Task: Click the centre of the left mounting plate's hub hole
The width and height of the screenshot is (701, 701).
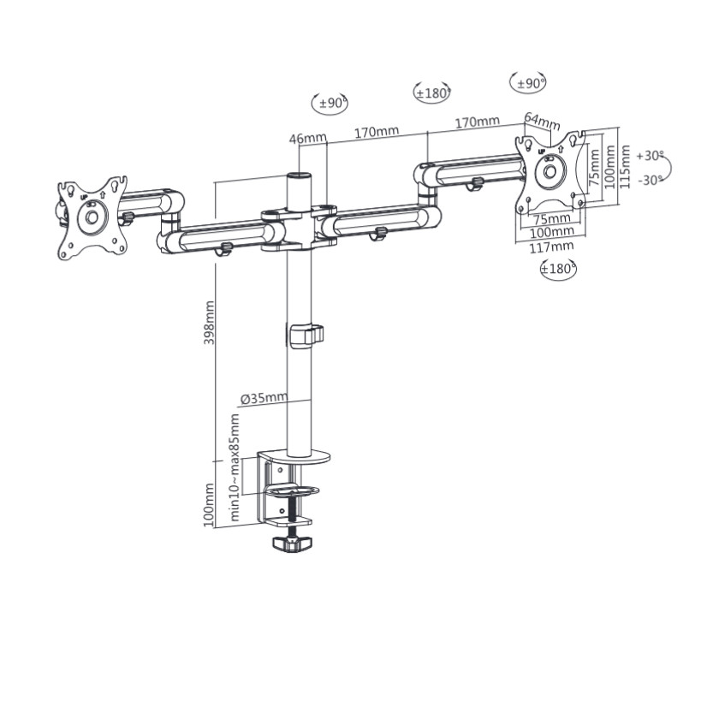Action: click(92, 217)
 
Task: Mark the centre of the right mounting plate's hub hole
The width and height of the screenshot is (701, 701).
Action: click(550, 171)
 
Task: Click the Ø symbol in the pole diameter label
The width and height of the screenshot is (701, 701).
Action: click(246, 400)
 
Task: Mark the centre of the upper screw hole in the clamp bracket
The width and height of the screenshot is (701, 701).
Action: click(280, 470)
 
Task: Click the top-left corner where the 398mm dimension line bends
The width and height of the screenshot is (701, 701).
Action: click(215, 182)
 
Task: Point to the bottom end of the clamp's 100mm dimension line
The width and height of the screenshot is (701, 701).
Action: click(215, 527)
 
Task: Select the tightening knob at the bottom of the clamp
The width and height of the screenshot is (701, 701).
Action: click(293, 544)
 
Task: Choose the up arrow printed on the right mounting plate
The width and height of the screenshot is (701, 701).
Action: click(561, 148)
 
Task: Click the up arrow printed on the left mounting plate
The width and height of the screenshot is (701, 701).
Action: click(103, 195)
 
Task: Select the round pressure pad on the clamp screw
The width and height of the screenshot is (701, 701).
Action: click(293, 491)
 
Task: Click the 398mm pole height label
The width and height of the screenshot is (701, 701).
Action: click(209, 323)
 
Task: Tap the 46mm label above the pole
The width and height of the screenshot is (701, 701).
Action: click(308, 139)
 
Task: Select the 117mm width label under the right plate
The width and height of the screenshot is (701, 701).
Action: click(552, 247)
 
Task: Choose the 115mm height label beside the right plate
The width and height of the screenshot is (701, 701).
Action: click(626, 166)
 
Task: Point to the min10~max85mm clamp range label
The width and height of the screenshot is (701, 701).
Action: click(235, 467)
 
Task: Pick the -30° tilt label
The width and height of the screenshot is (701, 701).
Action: click(651, 180)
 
